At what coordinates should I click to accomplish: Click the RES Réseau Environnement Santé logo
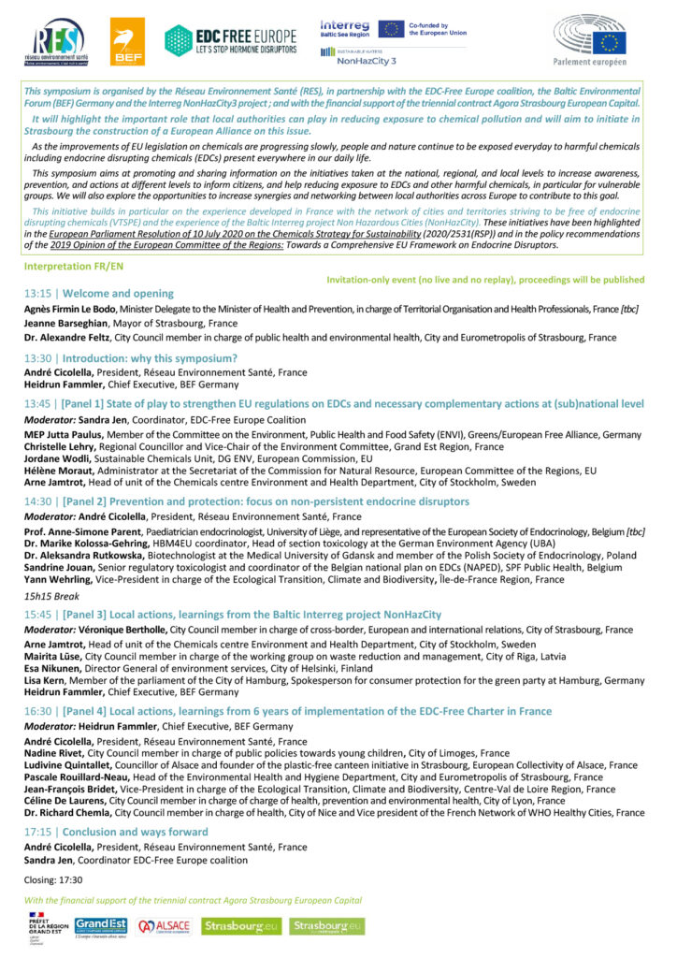(58, 42)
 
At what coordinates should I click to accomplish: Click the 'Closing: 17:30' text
(54, 880)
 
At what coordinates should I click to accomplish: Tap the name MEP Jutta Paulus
(62, 435)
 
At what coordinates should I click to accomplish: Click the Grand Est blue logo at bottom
(99, 926)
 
